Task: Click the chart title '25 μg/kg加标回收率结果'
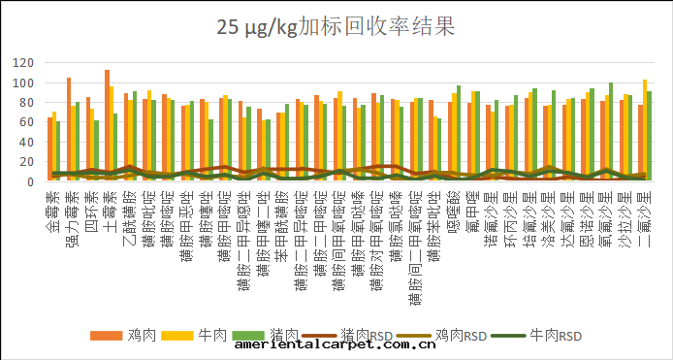coord(336,26)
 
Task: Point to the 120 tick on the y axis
coord(22,62)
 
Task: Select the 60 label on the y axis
coord(25,122)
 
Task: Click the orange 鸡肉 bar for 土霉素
coord(107,126)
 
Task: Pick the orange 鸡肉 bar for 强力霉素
coord(69,130)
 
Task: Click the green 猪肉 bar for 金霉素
coord(58,151)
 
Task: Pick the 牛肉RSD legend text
coord(561,335)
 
